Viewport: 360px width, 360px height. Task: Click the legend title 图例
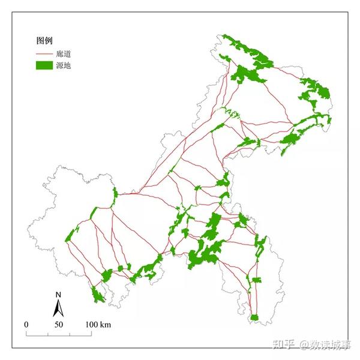[x=45, y=41]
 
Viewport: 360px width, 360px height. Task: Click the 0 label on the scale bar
[x=26, y=325]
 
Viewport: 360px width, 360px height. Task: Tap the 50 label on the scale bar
[x=59, y=325]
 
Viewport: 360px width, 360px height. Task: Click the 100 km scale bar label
[x=98, y=325]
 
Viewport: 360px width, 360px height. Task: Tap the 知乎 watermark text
[x=283, y=344]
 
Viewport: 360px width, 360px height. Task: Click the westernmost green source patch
[x=72, y=235]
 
